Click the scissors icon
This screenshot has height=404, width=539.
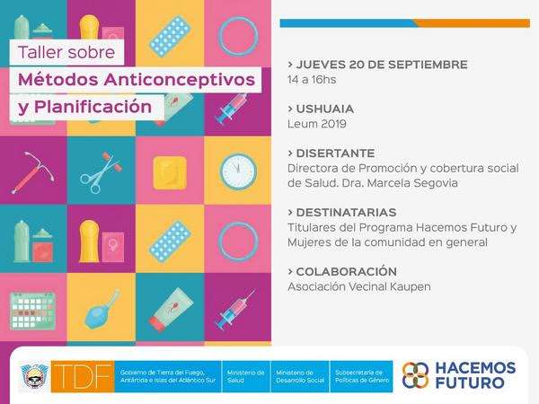(x=101, y=172)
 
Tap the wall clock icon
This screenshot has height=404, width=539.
(x=238, y=171)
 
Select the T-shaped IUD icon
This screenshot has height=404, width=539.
(x=33, y=172)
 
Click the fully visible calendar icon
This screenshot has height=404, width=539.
(x=32, y=311)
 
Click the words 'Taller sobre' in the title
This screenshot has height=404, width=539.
(x=66, y=52)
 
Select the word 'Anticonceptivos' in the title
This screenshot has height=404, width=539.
(x=180, y=80)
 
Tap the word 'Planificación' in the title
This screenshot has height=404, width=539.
(x=93, y=107)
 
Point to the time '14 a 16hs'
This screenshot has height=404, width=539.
(x=312, y=80)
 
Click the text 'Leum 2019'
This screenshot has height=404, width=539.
(x=316, y=124)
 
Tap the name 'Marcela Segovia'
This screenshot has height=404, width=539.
(x=412, y=183)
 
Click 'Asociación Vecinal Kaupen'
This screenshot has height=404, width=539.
(x=358, y=286)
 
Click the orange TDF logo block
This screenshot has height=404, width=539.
(x=83, y=376)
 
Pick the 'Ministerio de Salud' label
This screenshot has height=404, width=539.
(x=245, y=376)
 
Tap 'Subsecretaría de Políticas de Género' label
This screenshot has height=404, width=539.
(x=362, y=376)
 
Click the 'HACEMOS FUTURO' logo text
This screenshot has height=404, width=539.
(x=475, y=375)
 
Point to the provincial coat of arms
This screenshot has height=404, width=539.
(x=35, y=376)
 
